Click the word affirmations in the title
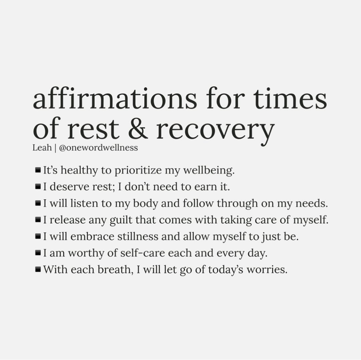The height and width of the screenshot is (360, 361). point(115,98)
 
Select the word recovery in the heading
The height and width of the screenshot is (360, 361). point(216,131)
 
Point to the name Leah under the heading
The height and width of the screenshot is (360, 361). point(42,148)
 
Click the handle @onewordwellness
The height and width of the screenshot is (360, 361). point(98,148)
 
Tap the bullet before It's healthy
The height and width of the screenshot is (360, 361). point(38,170)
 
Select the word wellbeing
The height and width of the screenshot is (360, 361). point(209,171)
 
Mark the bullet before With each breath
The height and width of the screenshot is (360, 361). point(38,269)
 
